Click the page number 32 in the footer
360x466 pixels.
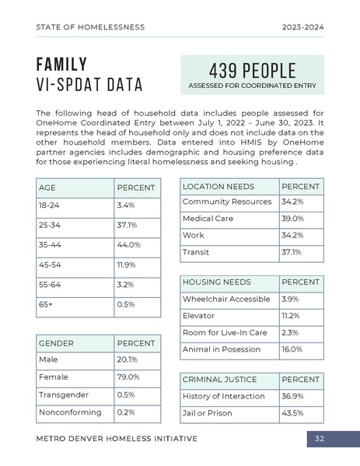pos(320,439)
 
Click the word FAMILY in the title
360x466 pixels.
pos(62,64)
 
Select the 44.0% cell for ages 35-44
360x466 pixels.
pos(128,245)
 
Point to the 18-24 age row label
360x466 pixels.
pos(48,205)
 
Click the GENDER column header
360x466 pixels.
pos(57,343)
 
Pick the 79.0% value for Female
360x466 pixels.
pos(128,377)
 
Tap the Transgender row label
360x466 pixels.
pos(64,394)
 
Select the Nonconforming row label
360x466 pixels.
pos(70,412)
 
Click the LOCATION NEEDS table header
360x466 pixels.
pos(218,187)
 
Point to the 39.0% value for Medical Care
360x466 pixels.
pos(292,219)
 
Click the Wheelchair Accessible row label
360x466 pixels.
pos(226,299)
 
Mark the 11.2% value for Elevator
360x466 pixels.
pos(291,316)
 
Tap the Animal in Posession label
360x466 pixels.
pos(222,349)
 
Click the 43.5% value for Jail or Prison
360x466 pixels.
pos(292,413)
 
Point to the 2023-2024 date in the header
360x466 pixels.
pos(303,27)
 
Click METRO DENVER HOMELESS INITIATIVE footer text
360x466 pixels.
pos(117,439)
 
